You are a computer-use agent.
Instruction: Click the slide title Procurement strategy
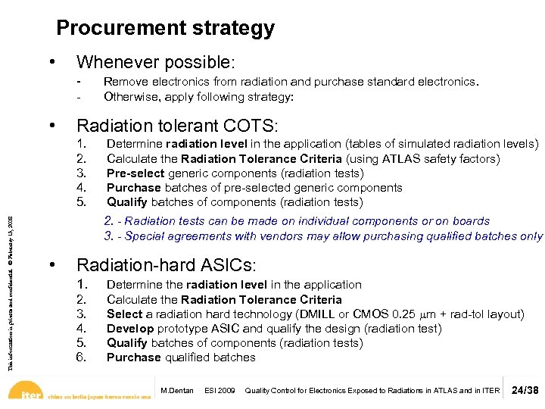(165, 29)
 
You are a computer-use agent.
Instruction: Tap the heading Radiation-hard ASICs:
(167, 266)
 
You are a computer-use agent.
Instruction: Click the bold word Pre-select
(135, 173)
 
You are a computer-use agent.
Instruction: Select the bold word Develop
(129, 329)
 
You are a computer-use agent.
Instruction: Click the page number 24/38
(525, 391)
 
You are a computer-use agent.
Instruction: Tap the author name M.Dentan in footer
(178, 391)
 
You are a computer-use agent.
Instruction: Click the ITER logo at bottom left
(30, 394)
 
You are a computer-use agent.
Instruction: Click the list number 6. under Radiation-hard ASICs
(82, 357)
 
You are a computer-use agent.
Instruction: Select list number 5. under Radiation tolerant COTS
(82, 202)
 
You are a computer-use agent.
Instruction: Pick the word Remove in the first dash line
(122, 82)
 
